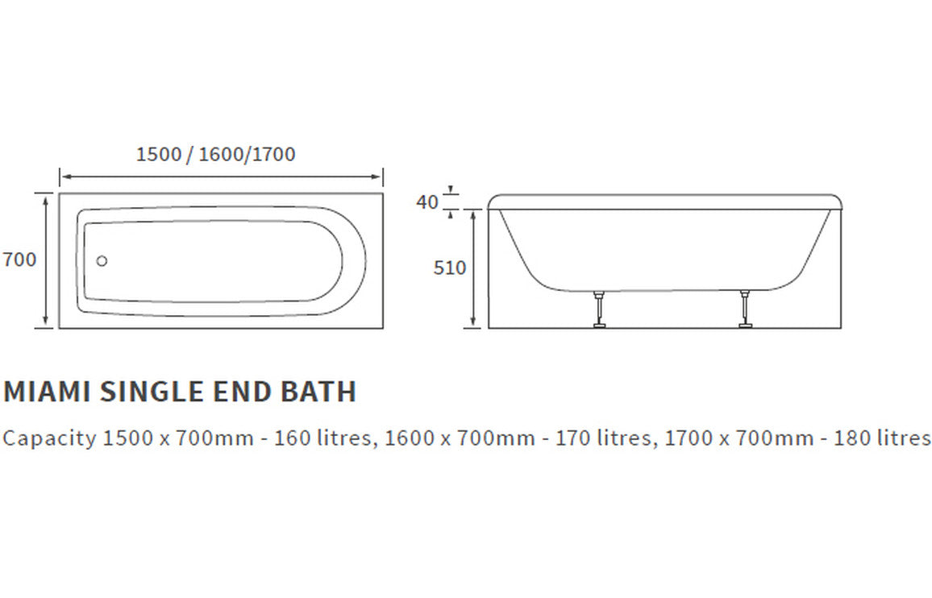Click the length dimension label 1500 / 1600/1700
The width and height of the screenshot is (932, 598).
pos(215,154)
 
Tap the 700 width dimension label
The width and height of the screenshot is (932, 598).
pos(19,260)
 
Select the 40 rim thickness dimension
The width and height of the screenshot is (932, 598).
pos(426,201)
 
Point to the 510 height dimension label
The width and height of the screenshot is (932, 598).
pos(449,268)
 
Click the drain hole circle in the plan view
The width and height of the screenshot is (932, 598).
pos(102,260)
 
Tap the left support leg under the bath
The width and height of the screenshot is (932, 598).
pos(598,309)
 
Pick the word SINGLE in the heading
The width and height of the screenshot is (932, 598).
pos(151,392)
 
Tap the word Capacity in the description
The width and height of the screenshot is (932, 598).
pos(49,439)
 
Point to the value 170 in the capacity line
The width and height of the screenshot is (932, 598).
pos(571,438)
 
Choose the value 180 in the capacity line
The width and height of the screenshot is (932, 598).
pos(850,438)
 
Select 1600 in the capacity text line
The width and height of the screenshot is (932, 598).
pos(403,438)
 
